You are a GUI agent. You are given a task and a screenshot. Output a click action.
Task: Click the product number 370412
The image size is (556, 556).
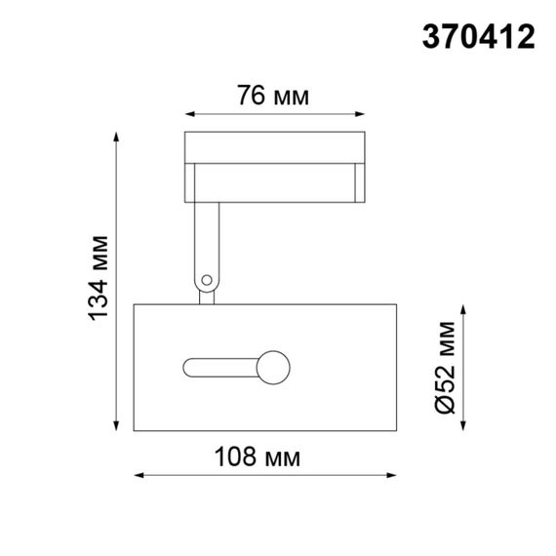coord(478,37)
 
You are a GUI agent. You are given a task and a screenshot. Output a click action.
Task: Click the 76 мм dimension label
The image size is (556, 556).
coord(273,96)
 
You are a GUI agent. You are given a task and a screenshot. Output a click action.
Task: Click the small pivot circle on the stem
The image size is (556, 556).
coord(206,282)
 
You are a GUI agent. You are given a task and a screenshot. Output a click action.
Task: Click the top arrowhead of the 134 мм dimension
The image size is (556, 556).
coord(121,134)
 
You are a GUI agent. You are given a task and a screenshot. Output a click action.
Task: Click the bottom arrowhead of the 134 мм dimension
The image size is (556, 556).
coord(121,427)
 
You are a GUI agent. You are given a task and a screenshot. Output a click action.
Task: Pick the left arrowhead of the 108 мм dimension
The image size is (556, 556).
coord(137,476)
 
